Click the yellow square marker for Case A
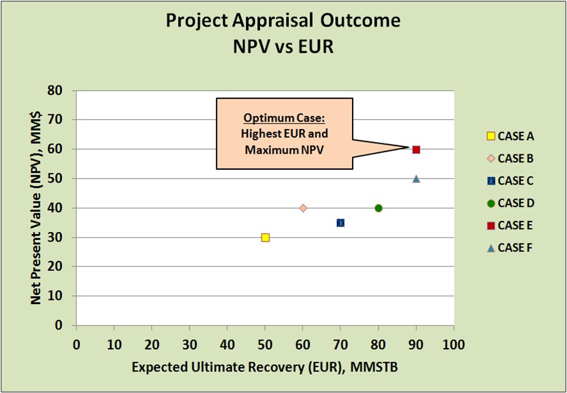pyautogui.click(x=265, y=237)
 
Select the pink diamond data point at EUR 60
pyautogui.click(x=303, y=208)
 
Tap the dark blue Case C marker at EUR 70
pyautogui.click(x=340, y=223)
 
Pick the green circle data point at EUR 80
pyautogui.click(x=379, y=208)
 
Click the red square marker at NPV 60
pyautogui.click(x=416, y=150)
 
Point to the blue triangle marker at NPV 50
pyautogui.click(x=416, y=179)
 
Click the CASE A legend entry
pyautogui.click(x=510, y=136)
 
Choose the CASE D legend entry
pyautogui.click(x=510, y=203)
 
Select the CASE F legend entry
pyautogui.click(x=510, y=247)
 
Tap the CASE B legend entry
pyautogui.click(x=510, y=158)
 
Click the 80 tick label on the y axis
pyautogui.click(x=57, y=91)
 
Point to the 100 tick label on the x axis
pyautogui.click(x=453, y=342)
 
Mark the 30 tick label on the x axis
pyautogui.click(x=189, y=342)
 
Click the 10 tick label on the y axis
pyautogui.click(x=57, y=296)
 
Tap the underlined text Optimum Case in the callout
pyautogui.click(x=284, y=117)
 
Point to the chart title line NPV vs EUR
pyautogui.click(x=283, y=47)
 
